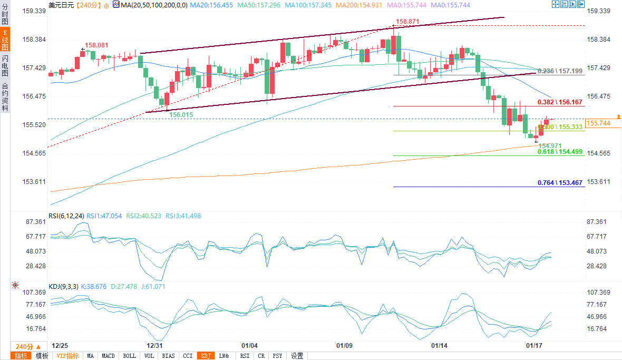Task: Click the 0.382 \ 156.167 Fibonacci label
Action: (x=560, y=102)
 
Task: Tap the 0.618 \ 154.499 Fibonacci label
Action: (x=560, y=152)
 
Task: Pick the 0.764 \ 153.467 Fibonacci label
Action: (x=560, y=183)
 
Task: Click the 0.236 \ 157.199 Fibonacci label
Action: (x=560, y=71)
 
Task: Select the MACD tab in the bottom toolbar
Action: (x=108, y=356)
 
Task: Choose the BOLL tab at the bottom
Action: (x=130, y=356)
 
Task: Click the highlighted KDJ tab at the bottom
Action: (x=205, y=356)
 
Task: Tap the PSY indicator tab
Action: (x=277, y=356)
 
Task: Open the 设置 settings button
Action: (x=297, y=356)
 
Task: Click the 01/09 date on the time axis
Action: (x=344, y=346)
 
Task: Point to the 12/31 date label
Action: (x=154, y=346)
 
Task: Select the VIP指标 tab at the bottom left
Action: (x=67, y=356)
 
